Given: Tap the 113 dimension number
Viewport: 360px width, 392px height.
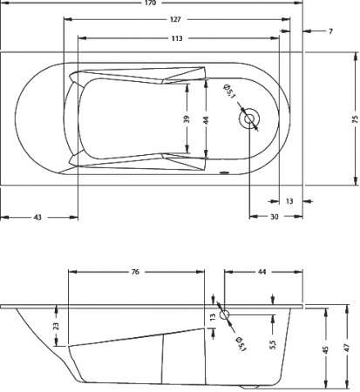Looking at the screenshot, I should coord(176,38).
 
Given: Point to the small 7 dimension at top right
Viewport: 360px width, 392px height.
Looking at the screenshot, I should coord(331,31).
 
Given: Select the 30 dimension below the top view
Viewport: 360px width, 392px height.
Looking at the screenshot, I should coord(274,216).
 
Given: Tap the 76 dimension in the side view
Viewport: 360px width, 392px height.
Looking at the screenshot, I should coord(135,273).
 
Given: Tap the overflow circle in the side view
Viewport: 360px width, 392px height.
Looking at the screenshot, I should coord(225,315).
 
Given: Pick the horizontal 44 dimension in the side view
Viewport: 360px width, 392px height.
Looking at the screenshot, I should coord(262,273).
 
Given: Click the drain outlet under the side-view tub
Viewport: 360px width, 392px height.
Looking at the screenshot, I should coord(251,385).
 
